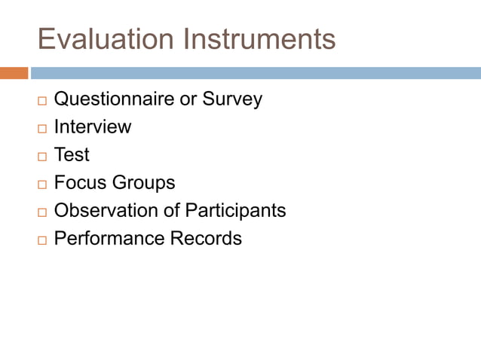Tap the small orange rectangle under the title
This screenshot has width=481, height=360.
pos(14,73)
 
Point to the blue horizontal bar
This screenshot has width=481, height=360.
pos(256,73)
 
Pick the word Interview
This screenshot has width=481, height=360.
pos(92,127)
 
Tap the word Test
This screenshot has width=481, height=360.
pos(72,154)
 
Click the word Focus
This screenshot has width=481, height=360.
pos(80,182)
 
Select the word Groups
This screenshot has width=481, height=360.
pos(143,182)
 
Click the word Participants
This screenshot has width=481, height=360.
pos(236,210)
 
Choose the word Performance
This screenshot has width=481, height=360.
pos(109,238)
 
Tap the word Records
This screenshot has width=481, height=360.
pos(205,238)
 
